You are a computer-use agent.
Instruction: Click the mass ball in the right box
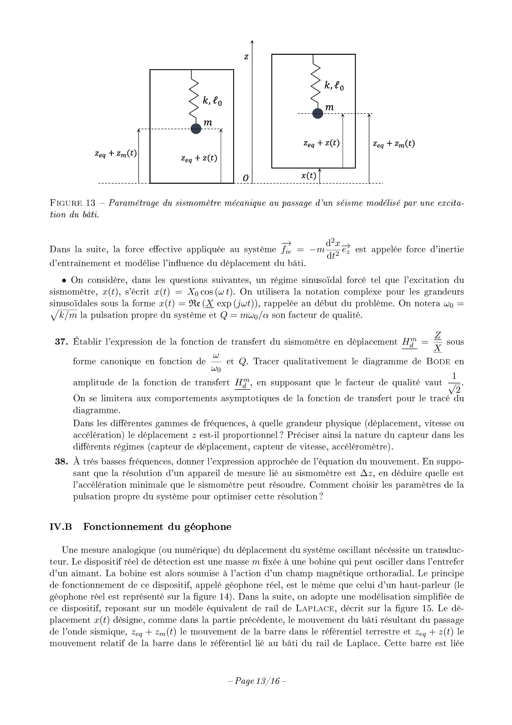pyautogui.click(x=318, y=113)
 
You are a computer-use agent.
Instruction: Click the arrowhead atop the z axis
pyautogui.click(x=252, y=42)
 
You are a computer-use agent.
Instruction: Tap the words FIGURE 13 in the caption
pyautogui.click(x=73, y=203)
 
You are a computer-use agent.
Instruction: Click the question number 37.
pyautogui.click(x=61, y=342)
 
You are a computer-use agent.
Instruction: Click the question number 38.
pyautogui.click(x=61, y=462)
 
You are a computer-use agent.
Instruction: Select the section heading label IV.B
pyautogui.click(x=61, y=527)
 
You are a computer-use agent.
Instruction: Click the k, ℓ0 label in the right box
pyautogui.click(x=334, y=86)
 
